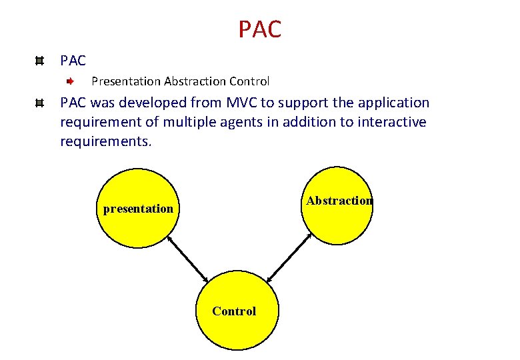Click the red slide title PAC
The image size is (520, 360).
260,29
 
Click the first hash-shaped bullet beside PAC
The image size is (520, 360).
40,61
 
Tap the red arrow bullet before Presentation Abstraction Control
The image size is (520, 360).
70,81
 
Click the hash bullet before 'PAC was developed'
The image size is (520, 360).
40,103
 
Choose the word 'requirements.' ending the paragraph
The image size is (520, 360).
106,141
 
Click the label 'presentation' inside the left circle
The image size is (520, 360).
138,209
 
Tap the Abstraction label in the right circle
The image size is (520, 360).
339,201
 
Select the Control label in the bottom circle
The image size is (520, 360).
234,311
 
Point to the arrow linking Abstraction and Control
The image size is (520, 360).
289,257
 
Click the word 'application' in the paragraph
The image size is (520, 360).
393,103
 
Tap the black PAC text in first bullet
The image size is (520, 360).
73,61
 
